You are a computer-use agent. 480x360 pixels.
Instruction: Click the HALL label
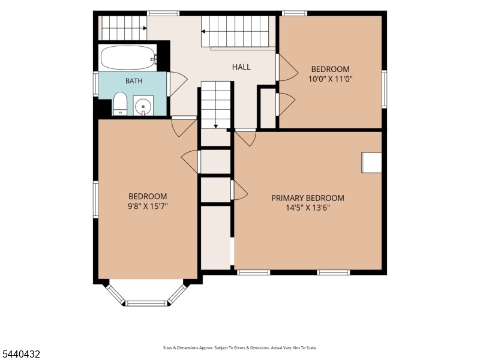(x=241, y=67)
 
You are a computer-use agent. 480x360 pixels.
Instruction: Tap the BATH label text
(x=134, y=81)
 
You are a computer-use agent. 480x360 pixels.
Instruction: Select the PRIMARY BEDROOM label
(x=308, y=198)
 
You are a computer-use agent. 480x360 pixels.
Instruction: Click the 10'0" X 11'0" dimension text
(x=331, y=79)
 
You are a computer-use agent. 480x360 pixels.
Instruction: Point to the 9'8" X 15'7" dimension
(x=148, y=206)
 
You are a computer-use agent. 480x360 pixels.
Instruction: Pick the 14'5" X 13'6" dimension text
(x=308, y=208)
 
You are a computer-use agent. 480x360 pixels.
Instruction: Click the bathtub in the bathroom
(x=128, y=58)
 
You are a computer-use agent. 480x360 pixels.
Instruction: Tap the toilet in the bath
(x=120, y=103)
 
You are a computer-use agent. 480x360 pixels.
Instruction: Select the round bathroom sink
(x=143, y=106)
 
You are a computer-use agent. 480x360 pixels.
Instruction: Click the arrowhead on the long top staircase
(x=203, y=31)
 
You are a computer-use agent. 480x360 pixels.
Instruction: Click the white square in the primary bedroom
(x=371, y=163)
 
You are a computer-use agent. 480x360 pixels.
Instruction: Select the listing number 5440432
(x=20, y=354)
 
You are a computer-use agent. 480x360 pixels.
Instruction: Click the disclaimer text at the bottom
(x=239, y=348)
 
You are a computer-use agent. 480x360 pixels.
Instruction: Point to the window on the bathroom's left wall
(x=95, y=84)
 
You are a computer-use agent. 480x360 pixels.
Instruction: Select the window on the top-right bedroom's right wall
(x=384, y=89)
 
